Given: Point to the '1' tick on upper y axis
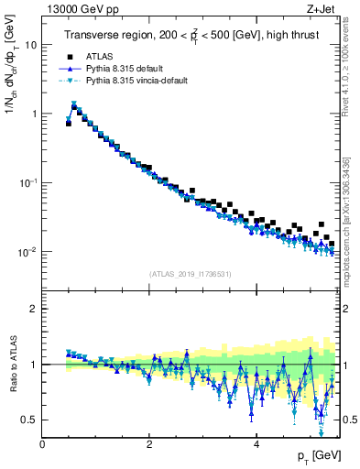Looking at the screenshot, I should click(33, 114).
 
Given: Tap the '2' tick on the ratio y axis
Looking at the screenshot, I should click(33, 309).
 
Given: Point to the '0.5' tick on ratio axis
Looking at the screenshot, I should click(29, 420).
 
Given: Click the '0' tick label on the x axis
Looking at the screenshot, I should click(42, 444).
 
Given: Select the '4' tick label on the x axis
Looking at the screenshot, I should click(256, 444).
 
